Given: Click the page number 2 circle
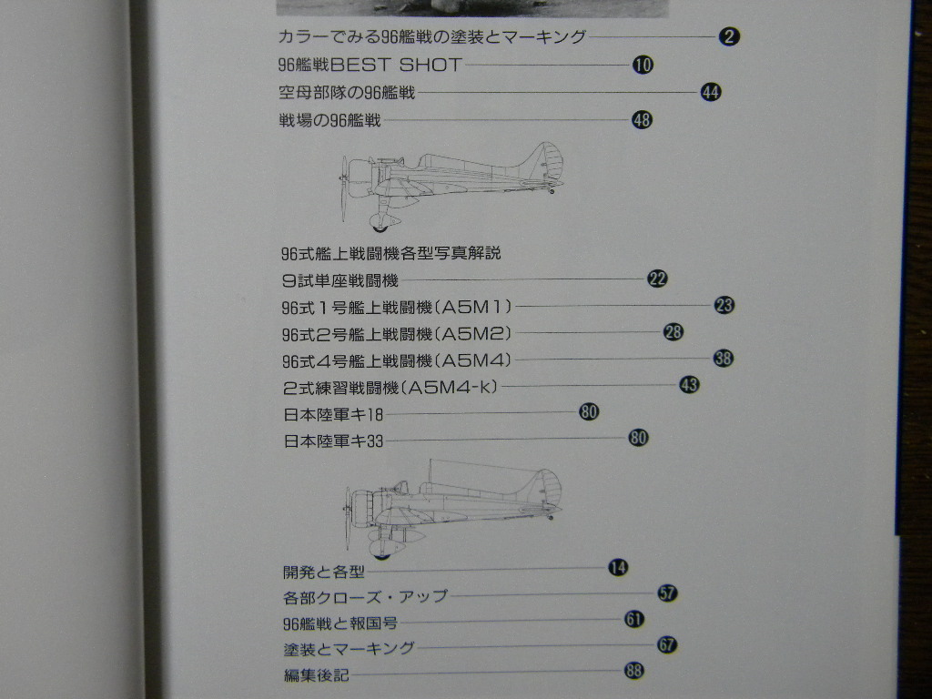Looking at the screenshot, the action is coord(729,36).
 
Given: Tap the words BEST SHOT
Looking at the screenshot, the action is coord(396,65).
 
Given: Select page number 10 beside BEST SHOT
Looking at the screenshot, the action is coord(643,65).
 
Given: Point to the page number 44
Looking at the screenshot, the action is coord(710,92).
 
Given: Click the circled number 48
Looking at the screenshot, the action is coord(642,120).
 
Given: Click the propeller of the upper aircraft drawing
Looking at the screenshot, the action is coord(344,189).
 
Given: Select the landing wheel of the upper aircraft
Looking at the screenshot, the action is coord(380,226).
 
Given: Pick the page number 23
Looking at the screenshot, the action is coord(724,306).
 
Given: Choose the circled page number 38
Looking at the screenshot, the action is coord(724,359).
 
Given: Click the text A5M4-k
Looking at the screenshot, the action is coord(451,387).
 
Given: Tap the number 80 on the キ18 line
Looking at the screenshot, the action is coord(589,411).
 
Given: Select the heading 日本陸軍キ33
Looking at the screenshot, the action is coord(333,441).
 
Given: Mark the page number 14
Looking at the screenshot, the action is coord(618,568).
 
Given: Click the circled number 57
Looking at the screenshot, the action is coord(667,593).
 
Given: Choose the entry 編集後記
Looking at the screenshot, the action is coord(316,675).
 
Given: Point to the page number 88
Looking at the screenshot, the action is coord(633,671).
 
